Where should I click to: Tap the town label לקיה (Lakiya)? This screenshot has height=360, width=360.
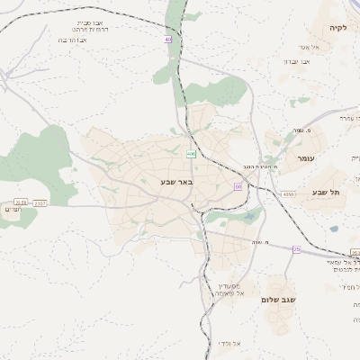(337, 28)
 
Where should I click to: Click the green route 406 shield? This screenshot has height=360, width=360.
(191, 154)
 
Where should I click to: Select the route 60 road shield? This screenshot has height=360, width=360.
(238, 185)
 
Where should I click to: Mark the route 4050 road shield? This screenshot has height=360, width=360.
(287, 193)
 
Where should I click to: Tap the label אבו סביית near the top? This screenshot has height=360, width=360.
(98, 21)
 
